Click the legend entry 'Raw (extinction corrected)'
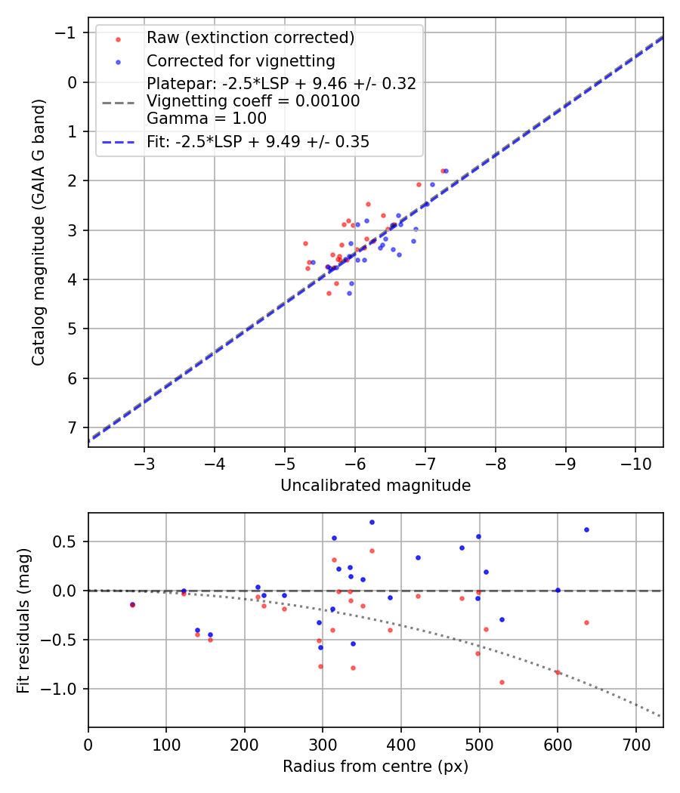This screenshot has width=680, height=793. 250,38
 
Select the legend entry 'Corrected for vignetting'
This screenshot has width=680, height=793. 240,60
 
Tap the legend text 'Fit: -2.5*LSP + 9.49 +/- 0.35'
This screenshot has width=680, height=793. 258,141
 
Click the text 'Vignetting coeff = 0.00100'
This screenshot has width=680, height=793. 253,100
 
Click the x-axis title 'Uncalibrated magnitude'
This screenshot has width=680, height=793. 376,486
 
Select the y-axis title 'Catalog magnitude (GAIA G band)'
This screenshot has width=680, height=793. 38,231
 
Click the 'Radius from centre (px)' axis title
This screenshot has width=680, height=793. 376,767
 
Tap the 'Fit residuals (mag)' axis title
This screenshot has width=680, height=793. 24,620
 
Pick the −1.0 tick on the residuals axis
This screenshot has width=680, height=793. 63,689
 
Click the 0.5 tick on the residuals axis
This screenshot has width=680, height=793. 66,542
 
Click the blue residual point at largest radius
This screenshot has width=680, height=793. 586,529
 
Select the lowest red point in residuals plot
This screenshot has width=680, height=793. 501,682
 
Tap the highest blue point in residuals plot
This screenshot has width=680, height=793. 372,522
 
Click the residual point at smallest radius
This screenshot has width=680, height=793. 132,604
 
